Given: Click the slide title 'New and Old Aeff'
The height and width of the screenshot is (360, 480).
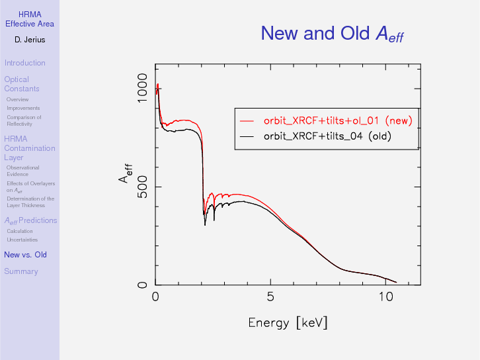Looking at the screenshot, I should tap(331, 33).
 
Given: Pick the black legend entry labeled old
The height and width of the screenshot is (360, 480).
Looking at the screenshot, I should tap(327, 137).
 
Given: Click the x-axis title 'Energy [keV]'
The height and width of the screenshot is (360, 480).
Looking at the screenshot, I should tap(288, 323).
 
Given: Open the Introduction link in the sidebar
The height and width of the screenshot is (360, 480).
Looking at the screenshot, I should tap(24, 63).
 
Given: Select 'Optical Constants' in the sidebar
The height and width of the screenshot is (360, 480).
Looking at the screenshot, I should tap(21, 84).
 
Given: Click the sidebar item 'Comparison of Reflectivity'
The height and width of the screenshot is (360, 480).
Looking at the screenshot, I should tap(24, 120).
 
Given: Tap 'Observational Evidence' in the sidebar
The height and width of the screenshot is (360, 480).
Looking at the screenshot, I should tap(22, 171).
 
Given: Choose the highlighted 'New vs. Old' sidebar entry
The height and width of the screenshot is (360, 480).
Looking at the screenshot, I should tap(25, 255).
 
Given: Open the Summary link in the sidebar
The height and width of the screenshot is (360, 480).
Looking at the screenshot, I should tap(20, 271).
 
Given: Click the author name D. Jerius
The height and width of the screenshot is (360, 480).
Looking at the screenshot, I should tap(29, 40).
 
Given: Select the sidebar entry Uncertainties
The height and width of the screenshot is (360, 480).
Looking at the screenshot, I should tap(22, 240).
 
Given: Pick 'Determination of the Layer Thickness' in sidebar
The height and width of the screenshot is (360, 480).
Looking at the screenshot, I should tap(30, 202).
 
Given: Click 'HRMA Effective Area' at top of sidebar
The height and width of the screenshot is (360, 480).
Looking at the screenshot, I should tap(29, 19).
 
